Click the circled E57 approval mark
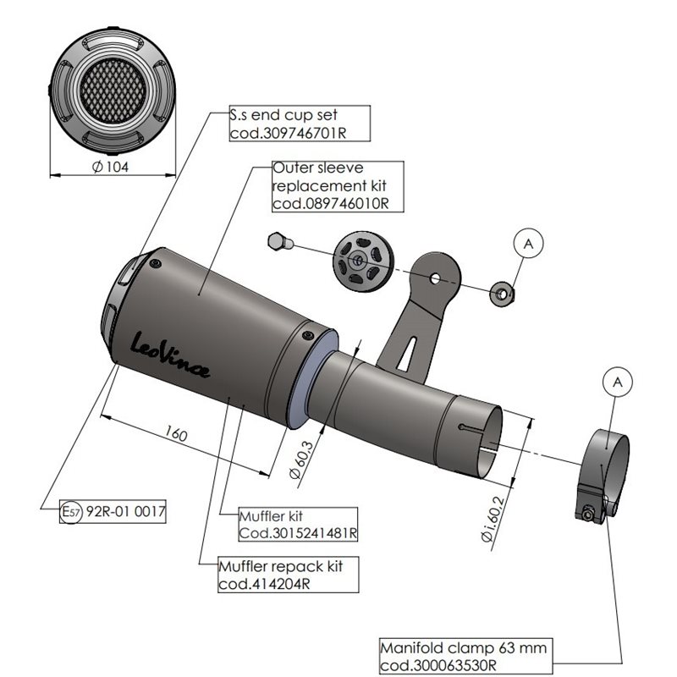tap(70, 511)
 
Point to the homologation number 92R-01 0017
tap(125, 511)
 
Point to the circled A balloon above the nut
tap(528, 243)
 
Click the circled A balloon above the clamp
tap(617, 383)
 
